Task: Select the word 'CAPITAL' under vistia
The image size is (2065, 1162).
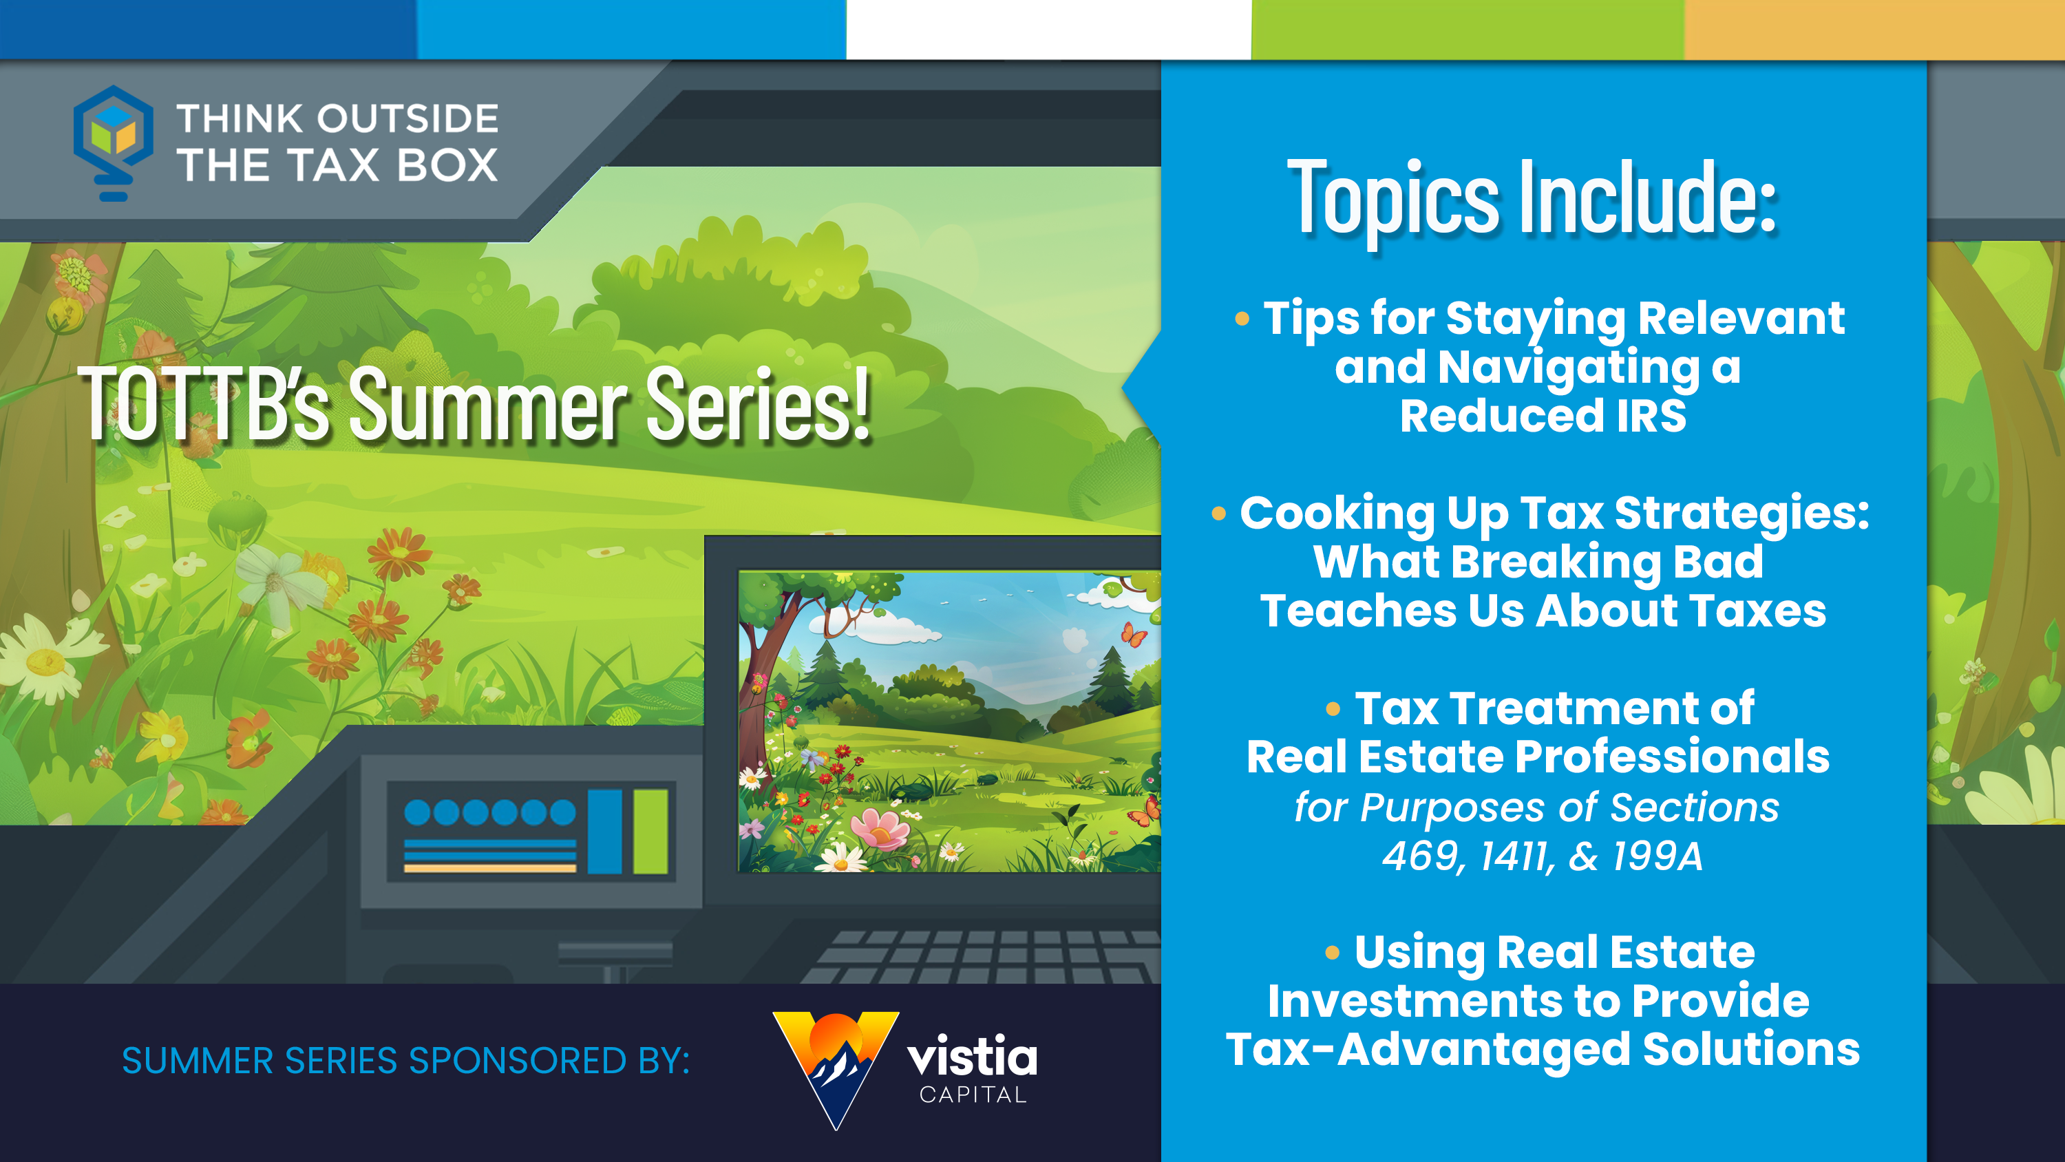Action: pyautogui.click(x=973, y=1095)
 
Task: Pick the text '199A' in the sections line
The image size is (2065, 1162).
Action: pyautogui.click(x=1658, y=856)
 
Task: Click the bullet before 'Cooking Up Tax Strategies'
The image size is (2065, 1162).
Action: pyautogui.click(x=1218, y=514)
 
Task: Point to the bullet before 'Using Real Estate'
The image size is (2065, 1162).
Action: pyautogui.click(x=1333, y=952)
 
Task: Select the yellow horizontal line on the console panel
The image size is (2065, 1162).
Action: pyautogui.click(x=490, y=867)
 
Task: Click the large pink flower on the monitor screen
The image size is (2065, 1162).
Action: pyautogui.click(x=880, y=830)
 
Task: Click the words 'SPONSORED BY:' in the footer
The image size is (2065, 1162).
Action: pyautogui.click(x=549, y=1060)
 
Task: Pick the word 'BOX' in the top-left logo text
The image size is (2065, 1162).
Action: pyautogui.click(x=447, y=165)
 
